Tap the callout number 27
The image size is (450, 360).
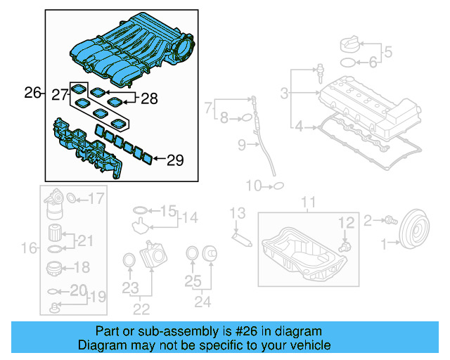point(60,93)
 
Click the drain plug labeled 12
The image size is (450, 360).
point(344,247)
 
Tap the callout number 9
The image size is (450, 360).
point(241,146)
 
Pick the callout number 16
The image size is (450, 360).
point(29,247)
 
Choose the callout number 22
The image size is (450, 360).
point(142,308)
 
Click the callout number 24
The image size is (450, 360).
point(202,303)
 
